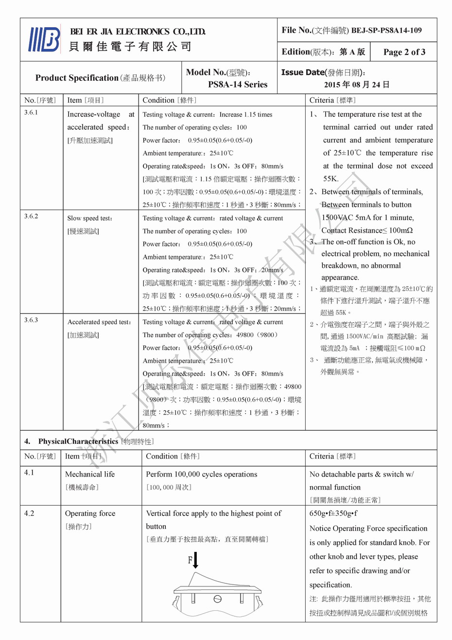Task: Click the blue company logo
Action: [x=44, y=39]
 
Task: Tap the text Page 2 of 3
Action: [x=404, y=52]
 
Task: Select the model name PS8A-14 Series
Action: [x=238, y=84]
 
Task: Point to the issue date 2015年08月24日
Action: [x=357, y=84]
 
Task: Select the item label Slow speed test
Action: [x=90, y=219]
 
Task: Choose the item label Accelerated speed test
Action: [x=99, y=322]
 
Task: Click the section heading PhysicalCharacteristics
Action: [x=78, y=441]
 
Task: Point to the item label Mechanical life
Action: [x=90, y=474]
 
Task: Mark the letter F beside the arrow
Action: [x=190, y=560]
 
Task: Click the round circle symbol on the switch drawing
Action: [x=217, y=598]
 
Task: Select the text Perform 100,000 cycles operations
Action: [x=201, y=474]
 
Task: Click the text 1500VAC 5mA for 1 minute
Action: [x=367, y=218]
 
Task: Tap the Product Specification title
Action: [x=77, y=78]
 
